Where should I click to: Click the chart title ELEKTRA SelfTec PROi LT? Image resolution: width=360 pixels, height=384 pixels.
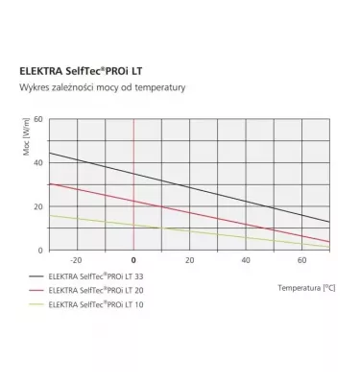(x=101, y=70)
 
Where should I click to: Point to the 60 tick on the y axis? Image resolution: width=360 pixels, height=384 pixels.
(x=39, y=119)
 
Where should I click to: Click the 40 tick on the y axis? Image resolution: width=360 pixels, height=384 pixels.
(x=39, y=162)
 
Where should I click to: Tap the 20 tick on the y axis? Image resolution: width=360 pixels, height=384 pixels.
(x=39, y=206)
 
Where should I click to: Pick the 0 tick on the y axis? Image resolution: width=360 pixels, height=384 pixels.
(x=41, y=250)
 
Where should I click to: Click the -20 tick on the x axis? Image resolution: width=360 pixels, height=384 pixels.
(x=76, y=261)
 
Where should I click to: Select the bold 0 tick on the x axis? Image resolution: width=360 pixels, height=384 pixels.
(x=133, y=261)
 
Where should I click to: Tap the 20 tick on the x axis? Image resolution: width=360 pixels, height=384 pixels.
(x=189, y=261)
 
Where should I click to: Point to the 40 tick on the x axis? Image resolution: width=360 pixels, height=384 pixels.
(x=245, y=261)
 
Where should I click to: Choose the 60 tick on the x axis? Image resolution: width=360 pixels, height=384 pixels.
(x=301, y=261)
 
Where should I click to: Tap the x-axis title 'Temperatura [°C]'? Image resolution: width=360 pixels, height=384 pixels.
(x=305, y=287)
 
